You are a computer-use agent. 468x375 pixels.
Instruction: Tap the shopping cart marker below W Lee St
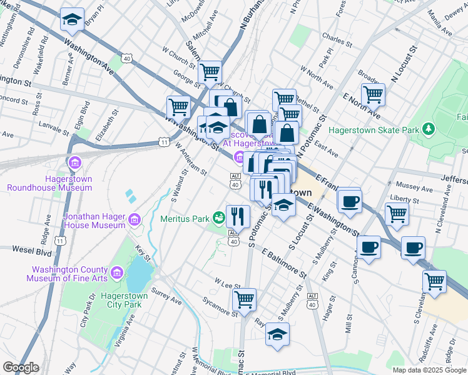point(244,298)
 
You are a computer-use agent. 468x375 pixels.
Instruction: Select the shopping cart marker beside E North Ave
point(373,94)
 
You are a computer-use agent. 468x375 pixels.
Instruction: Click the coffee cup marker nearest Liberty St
point(350,200)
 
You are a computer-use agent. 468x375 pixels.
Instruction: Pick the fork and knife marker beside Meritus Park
point(238,216)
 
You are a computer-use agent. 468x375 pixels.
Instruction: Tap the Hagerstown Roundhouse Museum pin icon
point(75,164)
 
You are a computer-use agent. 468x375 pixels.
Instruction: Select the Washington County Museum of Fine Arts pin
point(116,272)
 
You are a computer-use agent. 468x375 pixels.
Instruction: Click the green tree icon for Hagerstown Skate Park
point(429,129)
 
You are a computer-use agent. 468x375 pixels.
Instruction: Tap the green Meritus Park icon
point(218,217)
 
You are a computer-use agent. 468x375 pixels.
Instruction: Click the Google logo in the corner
point(21,367)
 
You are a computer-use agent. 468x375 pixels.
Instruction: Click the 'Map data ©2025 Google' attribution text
point(429,370)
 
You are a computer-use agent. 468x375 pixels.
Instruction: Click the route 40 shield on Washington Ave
point(127,58)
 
